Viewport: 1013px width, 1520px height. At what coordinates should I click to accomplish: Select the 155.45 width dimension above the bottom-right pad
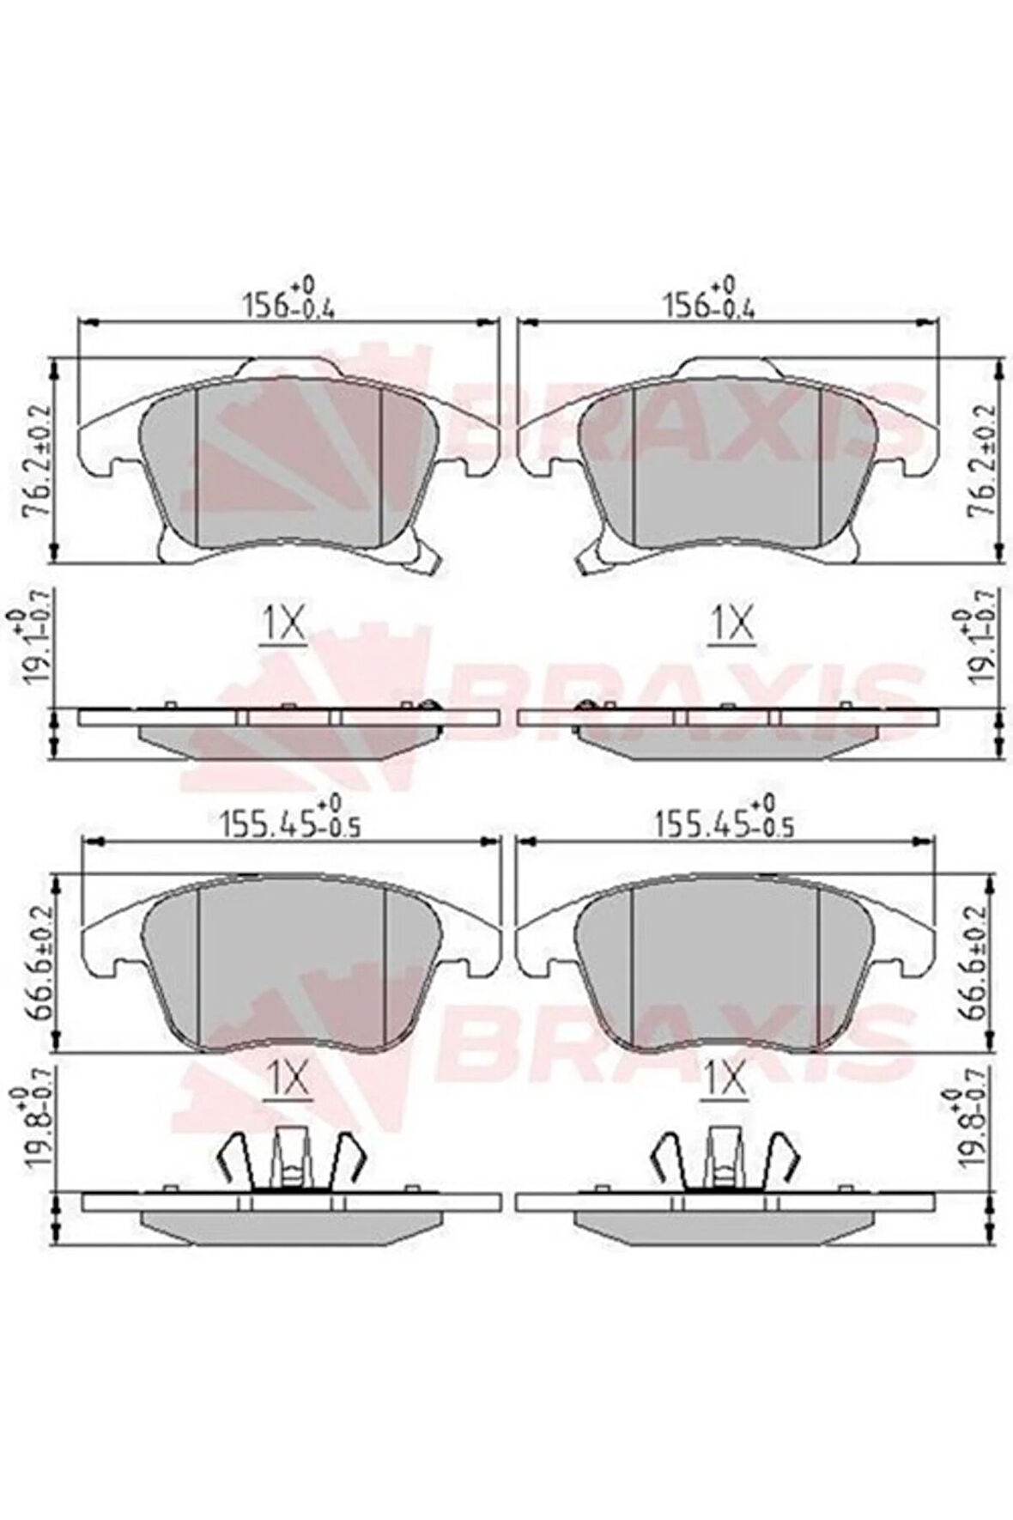pyautogui.click(x=723, y=816)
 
